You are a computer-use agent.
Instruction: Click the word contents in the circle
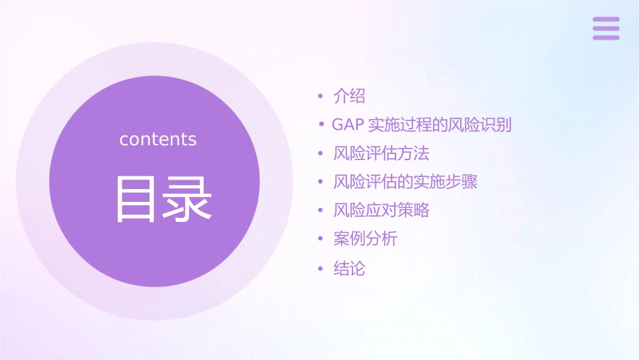158,139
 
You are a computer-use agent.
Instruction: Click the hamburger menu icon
606,28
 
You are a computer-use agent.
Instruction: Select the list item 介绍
349,96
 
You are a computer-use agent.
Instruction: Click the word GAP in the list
348,125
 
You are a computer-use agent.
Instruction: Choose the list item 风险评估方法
381,153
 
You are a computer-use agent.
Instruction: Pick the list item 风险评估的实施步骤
406,182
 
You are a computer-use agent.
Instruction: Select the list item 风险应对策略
381,210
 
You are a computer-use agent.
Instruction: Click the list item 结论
349,268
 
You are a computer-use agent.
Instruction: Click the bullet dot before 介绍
321,97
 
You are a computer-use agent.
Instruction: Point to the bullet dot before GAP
322,125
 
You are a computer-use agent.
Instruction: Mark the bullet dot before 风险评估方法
321,154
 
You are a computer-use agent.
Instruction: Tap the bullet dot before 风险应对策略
321,211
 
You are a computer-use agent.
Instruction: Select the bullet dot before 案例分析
321,240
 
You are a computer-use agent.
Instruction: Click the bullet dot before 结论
321,269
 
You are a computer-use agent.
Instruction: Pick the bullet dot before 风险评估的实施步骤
321,182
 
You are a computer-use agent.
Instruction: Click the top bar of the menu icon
606,20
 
